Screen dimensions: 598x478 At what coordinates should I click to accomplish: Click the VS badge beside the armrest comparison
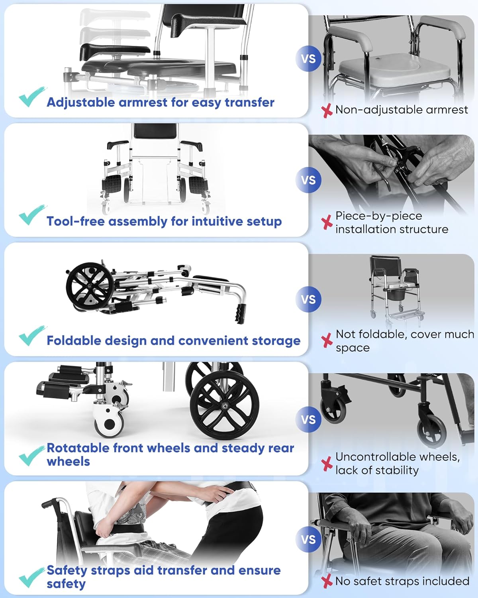(x=308, y=59)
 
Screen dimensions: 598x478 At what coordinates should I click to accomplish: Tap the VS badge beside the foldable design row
(x=308, y=299)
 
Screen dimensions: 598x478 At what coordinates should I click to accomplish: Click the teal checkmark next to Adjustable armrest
(x=31, y=97)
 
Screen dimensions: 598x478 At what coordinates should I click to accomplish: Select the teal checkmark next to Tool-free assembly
(x=31, y=215)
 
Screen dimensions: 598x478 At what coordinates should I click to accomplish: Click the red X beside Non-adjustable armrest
(x=327, y=110)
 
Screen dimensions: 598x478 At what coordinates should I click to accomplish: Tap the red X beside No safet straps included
(x=327, y=581)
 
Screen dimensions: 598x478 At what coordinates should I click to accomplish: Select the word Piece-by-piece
(x=378, y=216)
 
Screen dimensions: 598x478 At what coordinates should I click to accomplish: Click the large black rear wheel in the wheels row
(x=225, y=406)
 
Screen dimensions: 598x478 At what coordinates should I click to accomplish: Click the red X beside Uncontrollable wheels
(x=327, y=464)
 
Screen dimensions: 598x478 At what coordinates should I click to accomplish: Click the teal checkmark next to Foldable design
(x=31, y=336)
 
